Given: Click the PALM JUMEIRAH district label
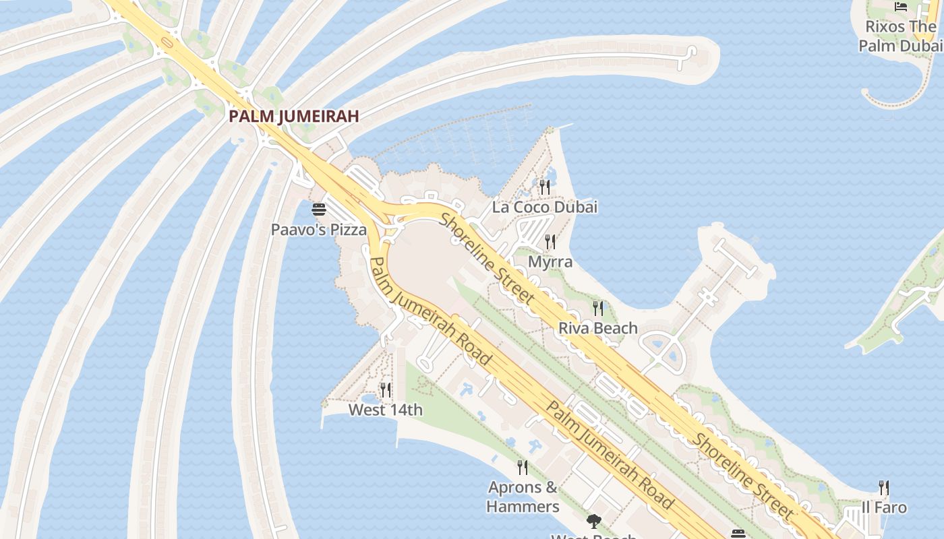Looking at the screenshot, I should click(293, 116).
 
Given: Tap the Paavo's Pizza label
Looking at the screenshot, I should click(319, 230).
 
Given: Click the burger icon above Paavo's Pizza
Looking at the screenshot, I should click(319, 210).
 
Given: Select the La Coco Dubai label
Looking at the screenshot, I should click(545, 207).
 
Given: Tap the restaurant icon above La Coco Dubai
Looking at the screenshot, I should click(545, 187).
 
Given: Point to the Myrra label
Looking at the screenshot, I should click(550, 261).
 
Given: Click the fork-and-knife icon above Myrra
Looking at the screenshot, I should click(550, 242).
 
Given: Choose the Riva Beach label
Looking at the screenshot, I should click(598, 328).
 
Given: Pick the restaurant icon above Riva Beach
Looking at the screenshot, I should click(598, 309).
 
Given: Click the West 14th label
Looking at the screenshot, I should click(386, 410).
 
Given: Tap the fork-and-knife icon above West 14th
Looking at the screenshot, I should click(386, 389).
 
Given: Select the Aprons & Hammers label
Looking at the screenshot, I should click(523, 497).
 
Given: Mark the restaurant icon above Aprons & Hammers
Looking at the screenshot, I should click(523, 467).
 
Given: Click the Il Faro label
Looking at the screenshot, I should click(884, 507).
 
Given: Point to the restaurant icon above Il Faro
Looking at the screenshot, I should click(884, 487).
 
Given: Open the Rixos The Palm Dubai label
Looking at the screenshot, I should click(901, 36).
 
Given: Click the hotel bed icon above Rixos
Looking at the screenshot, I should click(901, 7).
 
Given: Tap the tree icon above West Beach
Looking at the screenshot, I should click(594, 521).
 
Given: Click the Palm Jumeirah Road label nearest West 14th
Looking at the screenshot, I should click(430, 311).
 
